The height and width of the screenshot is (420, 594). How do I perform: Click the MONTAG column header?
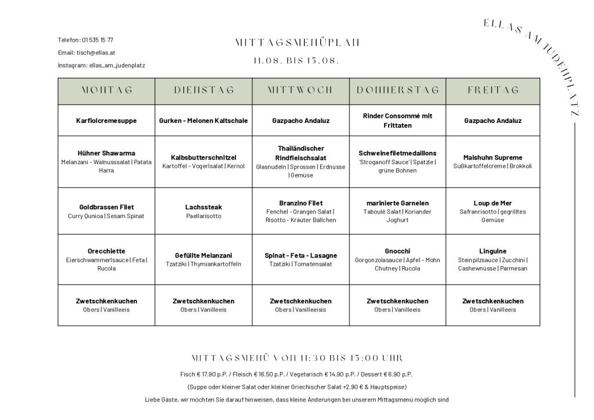(106, 90)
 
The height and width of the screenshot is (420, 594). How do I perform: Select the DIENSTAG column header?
(204, 90)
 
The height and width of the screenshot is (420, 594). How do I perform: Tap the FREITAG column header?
(492, 90)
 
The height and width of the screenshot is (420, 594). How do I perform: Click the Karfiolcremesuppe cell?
(106, 121)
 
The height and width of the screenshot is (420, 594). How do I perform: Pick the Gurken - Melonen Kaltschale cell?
(204, 121)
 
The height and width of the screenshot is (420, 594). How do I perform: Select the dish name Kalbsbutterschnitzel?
(204, 157)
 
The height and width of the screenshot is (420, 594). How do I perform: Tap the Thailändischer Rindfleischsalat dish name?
(300, 153)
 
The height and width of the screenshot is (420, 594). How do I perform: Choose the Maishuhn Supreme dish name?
(492, 157)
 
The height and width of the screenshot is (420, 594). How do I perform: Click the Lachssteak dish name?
(204, 207)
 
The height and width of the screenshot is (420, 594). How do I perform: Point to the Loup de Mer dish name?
(492, 203)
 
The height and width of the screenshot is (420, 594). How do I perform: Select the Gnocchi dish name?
(397, 251)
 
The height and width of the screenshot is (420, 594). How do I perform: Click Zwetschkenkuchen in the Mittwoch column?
(300, 301)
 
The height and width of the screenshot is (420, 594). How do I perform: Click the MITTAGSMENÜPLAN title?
(297, 42)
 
